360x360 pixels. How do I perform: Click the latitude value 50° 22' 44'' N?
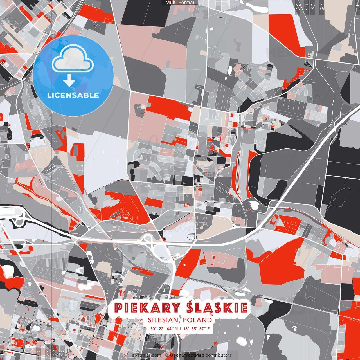164,328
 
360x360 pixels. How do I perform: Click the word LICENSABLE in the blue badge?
73,95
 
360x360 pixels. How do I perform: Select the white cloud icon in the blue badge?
73,58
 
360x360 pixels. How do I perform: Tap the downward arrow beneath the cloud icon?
69,81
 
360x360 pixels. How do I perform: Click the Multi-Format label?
180,3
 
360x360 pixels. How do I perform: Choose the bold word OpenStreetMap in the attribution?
187,355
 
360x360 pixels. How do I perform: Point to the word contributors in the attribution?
219,355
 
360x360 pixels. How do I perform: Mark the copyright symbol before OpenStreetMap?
167,355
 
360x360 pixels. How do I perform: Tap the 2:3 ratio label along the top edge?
298,7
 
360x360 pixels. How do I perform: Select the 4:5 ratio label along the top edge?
322,7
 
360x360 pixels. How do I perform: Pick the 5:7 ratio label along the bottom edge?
54,352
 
